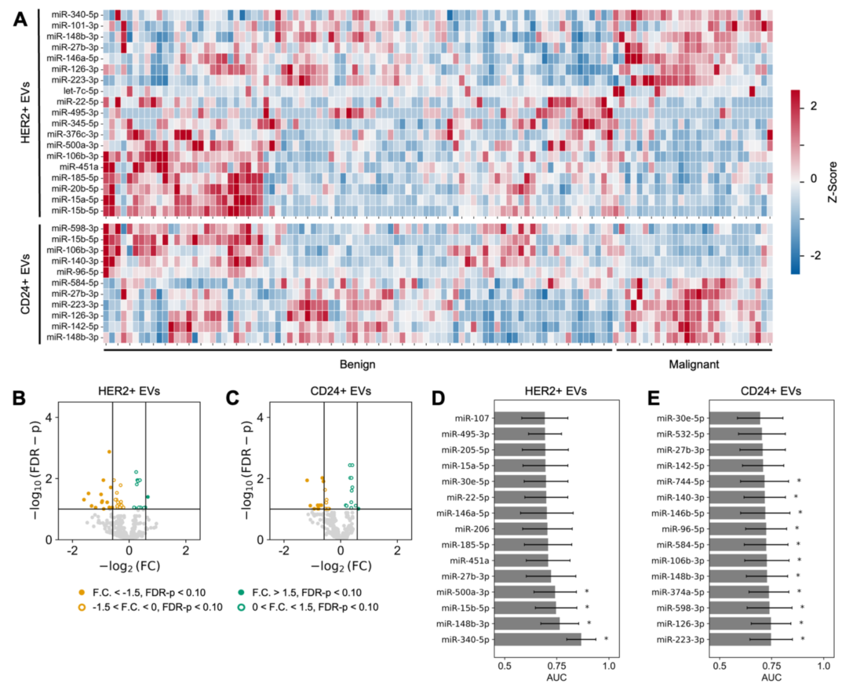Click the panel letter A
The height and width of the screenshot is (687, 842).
[x=22, y=20]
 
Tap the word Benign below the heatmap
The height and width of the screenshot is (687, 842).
[x=357, y=364]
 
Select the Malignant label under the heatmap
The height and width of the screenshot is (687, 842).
[x=694, y=364]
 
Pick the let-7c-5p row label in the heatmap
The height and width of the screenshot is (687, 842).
[x=82, y=90]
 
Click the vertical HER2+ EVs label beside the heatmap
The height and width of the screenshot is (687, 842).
[x=26, y=112]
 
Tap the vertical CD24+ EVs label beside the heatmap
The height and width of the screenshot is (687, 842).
[x=26, y=283]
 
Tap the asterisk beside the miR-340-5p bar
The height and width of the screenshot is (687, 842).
[x=606, y=639]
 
